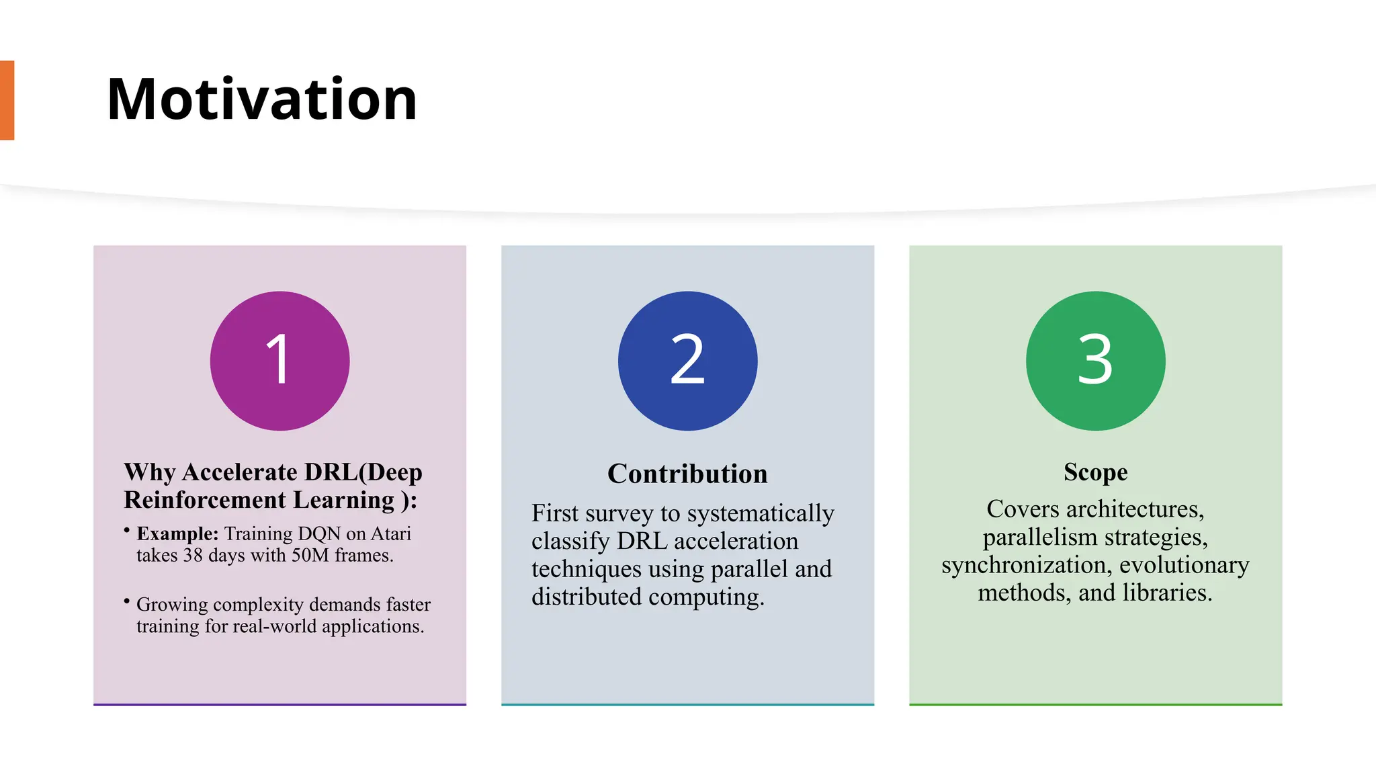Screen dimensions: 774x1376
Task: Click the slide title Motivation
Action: point(262,99)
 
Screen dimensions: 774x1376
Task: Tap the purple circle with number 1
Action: point(279,361)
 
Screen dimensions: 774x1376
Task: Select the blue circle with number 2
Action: point(687,361)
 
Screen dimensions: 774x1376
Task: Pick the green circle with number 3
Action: point(1095,361)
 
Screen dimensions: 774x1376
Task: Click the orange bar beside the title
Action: point(7,100)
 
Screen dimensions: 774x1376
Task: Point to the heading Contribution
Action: point(687,474)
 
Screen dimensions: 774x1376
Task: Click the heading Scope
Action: point(1095,472)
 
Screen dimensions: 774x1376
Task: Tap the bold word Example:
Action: point(177,533)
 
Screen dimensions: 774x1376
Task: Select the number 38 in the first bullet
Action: point(193,556)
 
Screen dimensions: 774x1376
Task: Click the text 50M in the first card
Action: point(310,556)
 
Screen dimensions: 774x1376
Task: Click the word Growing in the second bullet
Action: point(172,604)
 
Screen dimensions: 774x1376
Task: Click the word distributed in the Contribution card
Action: point(587,597)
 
